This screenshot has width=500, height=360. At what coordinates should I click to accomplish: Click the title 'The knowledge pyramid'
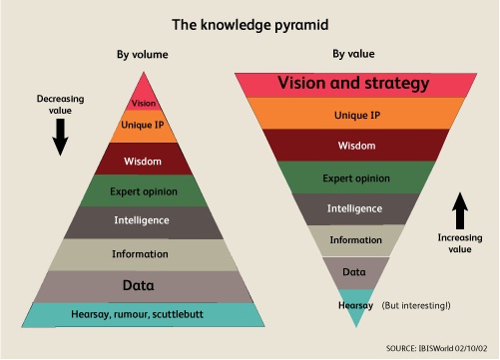pos(250,22)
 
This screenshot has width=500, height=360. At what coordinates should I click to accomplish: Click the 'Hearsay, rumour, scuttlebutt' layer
pos(144,315)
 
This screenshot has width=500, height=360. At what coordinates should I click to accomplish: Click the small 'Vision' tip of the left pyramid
pos(144,103)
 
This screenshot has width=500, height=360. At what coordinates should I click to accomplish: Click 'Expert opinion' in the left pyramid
pos(144,190)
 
